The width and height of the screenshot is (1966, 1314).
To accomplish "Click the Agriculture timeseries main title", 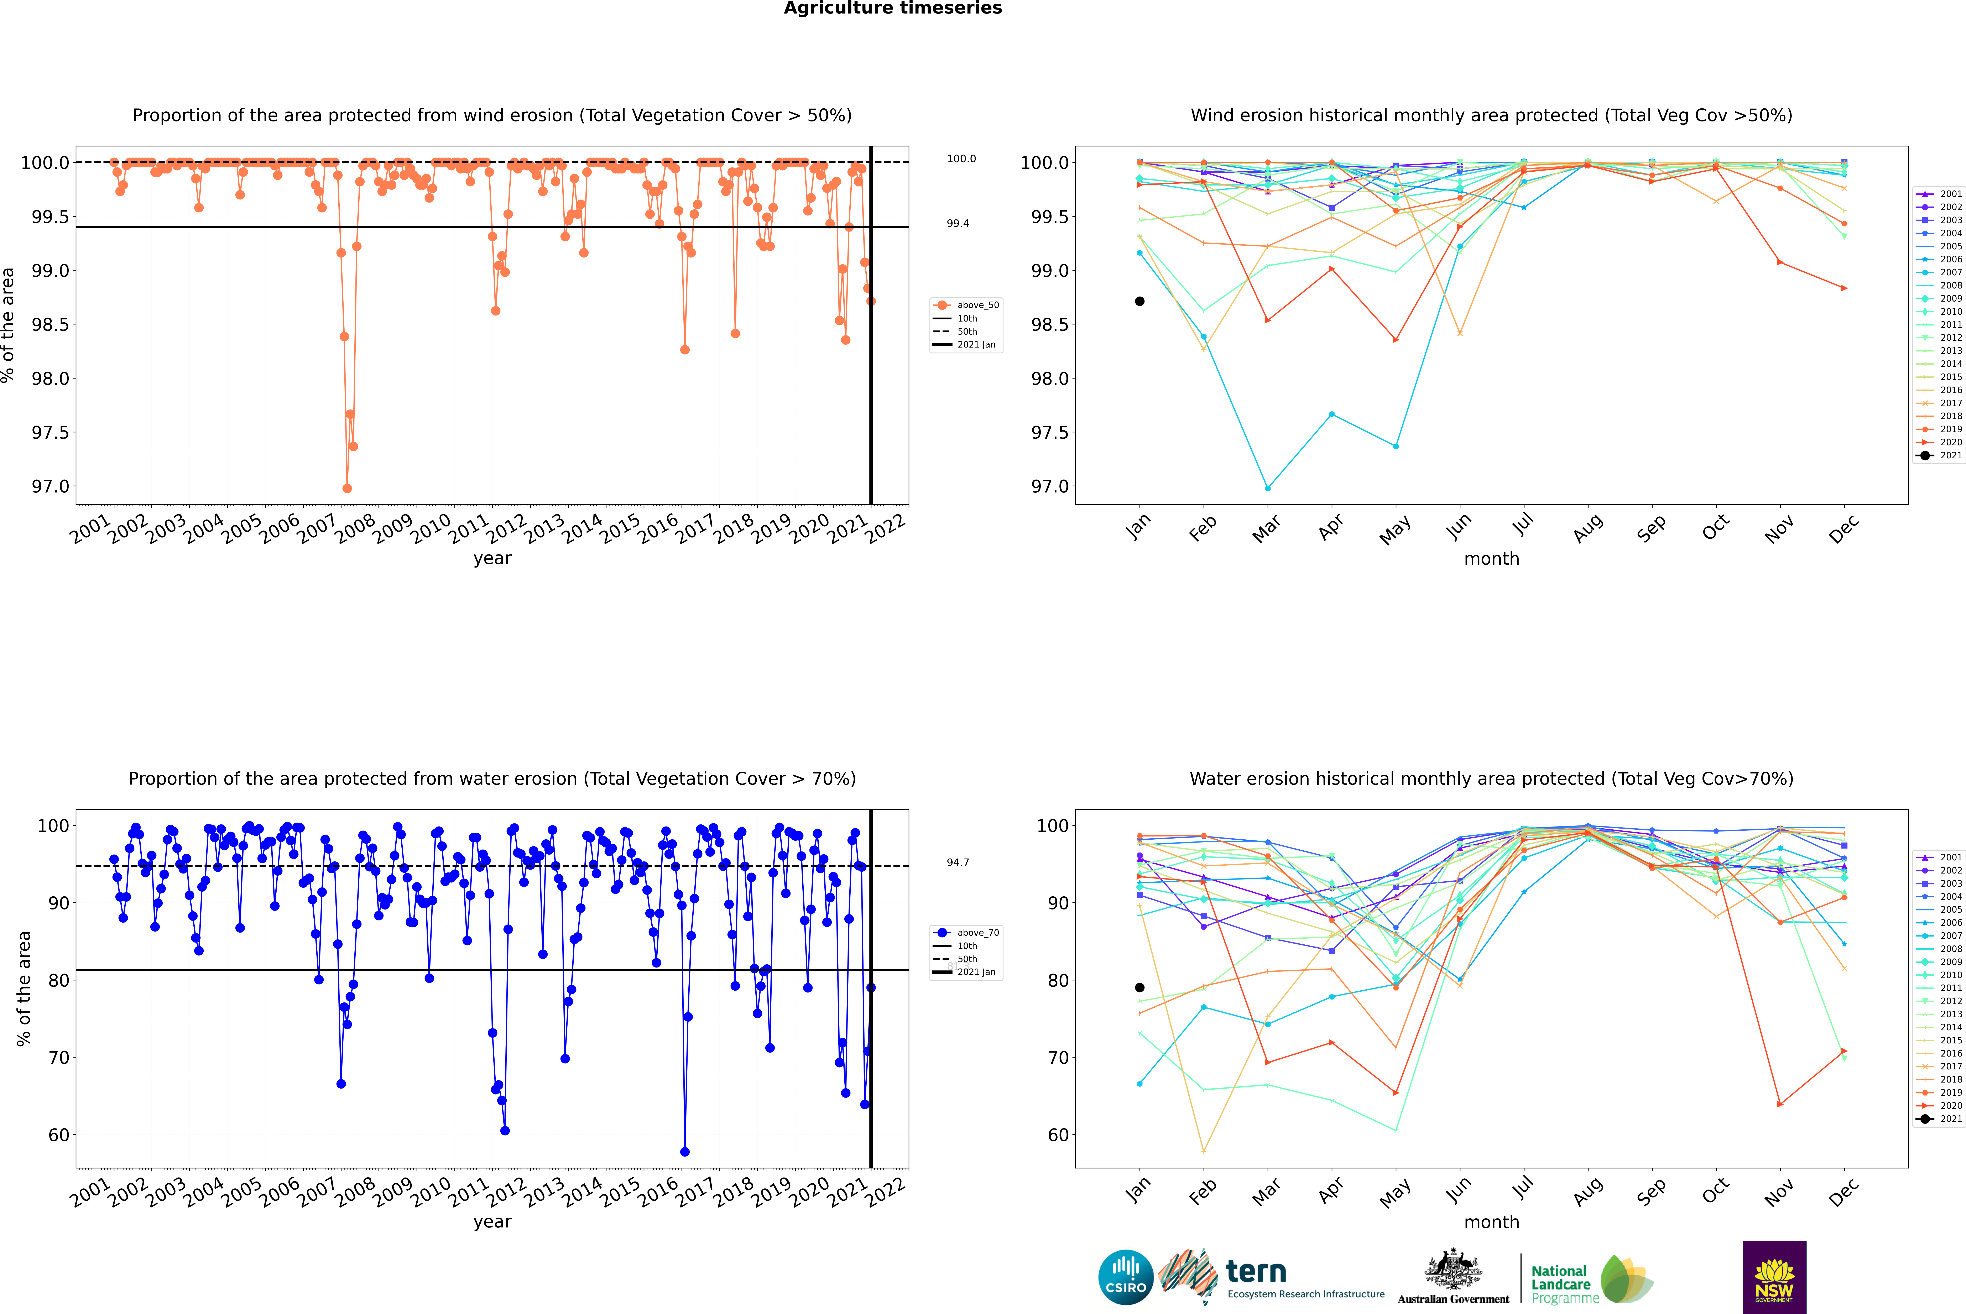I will click(892, 8).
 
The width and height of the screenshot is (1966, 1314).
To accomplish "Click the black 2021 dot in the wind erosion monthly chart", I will click(1140, 301).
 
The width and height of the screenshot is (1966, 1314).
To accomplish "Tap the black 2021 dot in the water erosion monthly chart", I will click(1140, 987).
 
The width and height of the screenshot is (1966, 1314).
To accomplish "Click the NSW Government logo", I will click(1774, 1277).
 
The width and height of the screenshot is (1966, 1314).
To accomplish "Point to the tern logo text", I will click(1255, 1271).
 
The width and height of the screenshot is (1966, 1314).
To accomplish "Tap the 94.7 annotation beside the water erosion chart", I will click(958, 862).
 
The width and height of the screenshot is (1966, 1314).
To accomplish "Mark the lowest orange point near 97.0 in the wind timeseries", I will click(347, 488).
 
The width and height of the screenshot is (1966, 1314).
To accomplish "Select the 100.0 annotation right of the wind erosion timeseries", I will click(961, 158).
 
